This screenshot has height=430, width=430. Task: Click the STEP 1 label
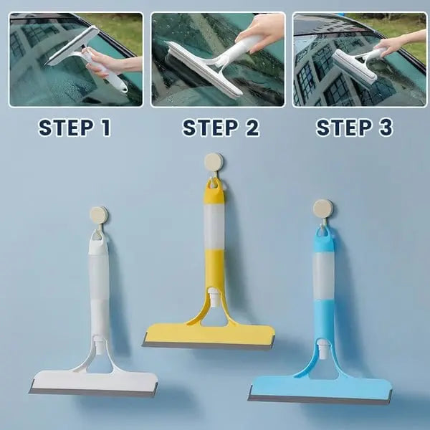(x=75, y=128)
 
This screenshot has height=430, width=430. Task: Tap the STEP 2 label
(x=220, y=128)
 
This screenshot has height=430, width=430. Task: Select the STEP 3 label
(x=354, y=128)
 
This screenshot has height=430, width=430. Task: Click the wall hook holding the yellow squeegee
(x=213, y=162)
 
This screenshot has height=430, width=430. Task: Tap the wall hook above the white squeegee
(x=99, y=214)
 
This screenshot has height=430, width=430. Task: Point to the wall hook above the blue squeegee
(x=323, y=209)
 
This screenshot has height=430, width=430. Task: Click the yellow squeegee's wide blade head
(x=209, y=335)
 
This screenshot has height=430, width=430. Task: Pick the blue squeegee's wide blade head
(x=320, y=390)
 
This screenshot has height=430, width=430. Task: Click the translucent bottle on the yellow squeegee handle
(x=214, y=229)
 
